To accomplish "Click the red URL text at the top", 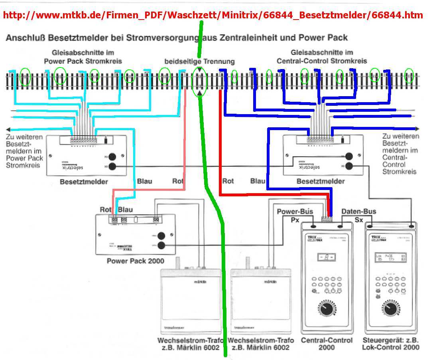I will point(213,16).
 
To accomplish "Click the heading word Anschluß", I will point(26,38).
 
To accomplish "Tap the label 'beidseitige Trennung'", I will point(200,61).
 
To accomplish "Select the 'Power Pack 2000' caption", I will point(136,261).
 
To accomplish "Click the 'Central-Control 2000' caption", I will point(327,344).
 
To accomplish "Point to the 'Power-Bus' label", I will point(295,212).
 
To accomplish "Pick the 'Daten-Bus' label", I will point(359,212).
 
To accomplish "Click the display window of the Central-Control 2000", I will point(327,258).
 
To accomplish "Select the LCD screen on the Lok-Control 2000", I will point(391,258).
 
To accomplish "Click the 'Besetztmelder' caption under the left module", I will point(84,182).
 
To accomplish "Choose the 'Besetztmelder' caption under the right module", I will point(321,181).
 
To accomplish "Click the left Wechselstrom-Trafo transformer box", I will point(190,301).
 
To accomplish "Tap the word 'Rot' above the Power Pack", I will point(105,210).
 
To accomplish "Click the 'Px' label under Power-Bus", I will point(295,220).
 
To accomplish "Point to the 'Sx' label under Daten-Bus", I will point(359,220).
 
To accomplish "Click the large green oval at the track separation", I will point(199,81).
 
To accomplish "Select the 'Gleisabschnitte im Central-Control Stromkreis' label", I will point(322,57).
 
